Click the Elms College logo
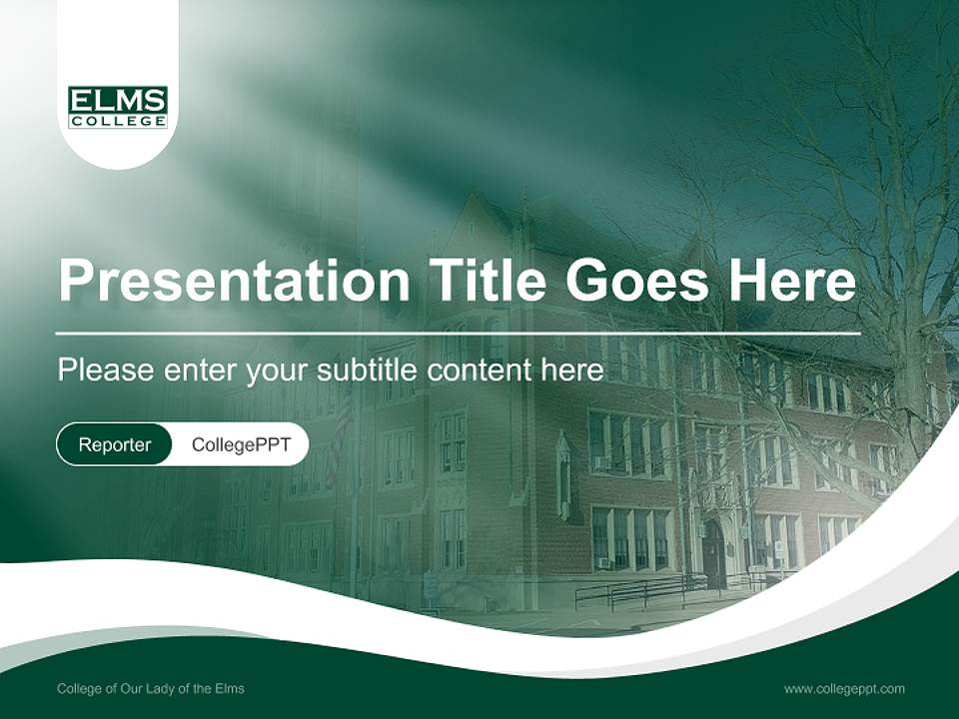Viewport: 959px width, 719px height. [x=118, y=107]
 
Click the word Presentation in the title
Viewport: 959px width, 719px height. [x=234, y=281]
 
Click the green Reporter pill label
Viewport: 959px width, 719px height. [x=115, y=444]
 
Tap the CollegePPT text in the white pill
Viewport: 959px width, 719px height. [x=241, y=444]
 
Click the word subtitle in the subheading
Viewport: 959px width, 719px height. [x=369, y=370]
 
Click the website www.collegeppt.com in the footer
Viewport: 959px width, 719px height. [x=844, y=688]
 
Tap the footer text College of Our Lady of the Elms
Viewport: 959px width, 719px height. [x=151, y=688]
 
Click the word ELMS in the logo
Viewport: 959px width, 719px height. [x=118, y=101]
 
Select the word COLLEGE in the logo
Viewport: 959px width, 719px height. [x=118, y=121]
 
